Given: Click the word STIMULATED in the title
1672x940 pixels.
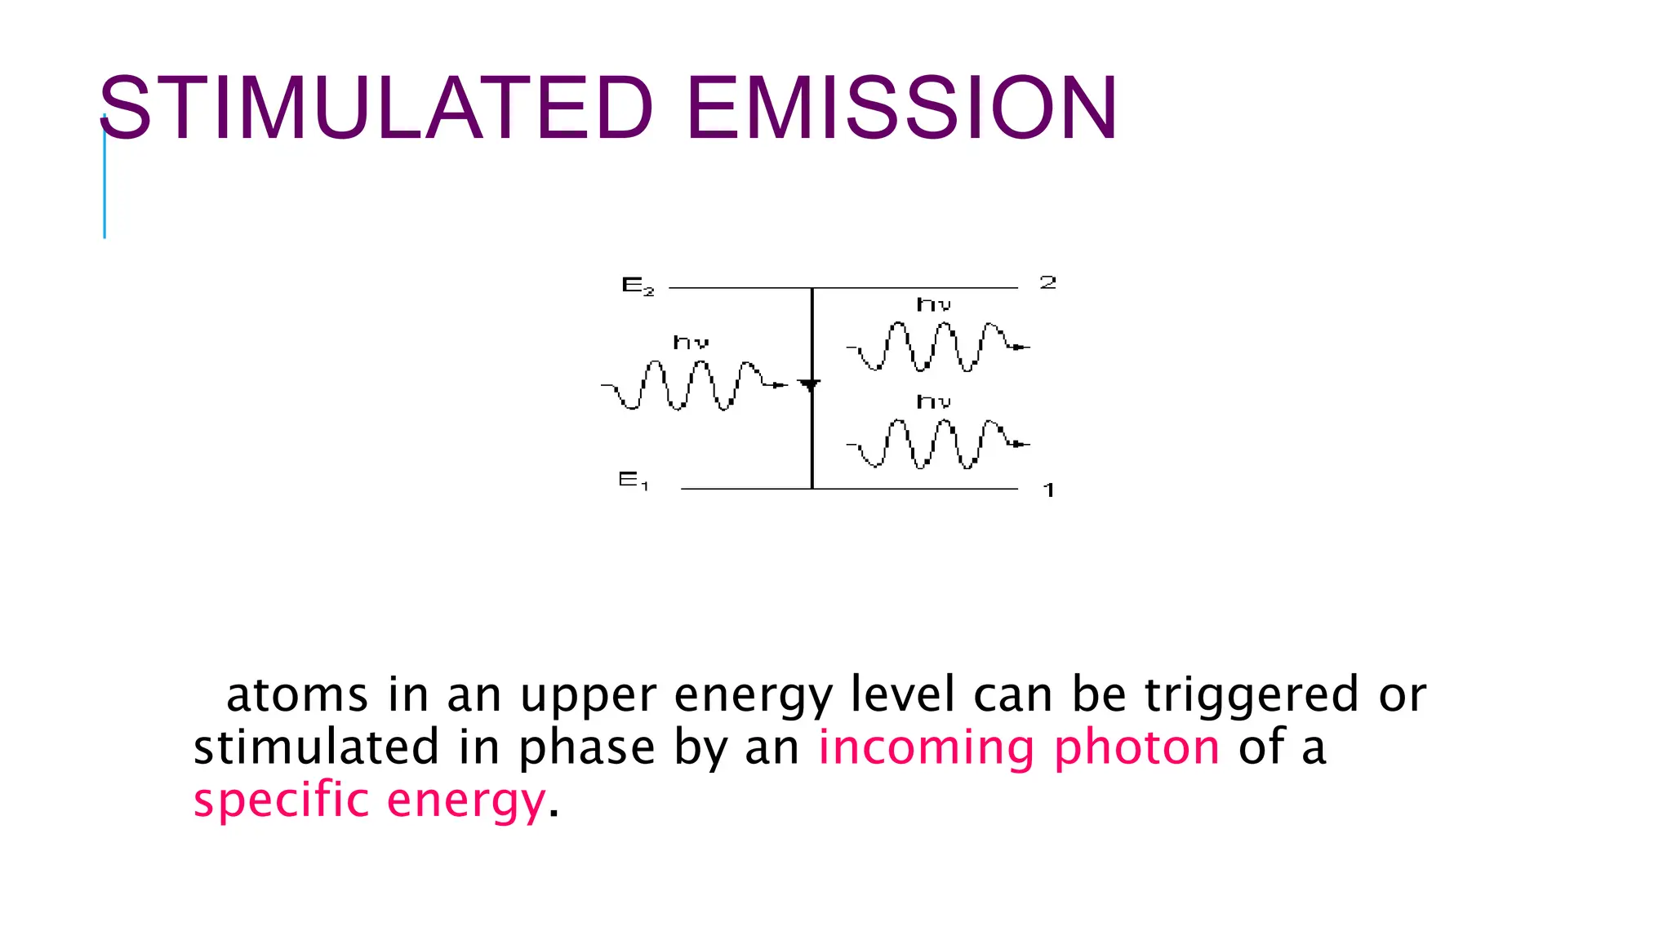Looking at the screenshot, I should pos(376,109).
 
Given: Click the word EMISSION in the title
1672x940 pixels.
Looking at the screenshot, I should pos(901,109).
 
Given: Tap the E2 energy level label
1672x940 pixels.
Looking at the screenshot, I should pos(638,286).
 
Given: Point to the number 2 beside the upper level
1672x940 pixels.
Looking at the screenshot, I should pos(1047,283).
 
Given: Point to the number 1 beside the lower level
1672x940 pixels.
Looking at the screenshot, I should pos(1049,490).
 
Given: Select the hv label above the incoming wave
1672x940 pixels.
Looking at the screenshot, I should pos(690,343).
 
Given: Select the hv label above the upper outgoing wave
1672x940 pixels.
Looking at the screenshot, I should pos(933,305).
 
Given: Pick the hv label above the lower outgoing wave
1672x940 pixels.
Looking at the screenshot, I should pos(933,401).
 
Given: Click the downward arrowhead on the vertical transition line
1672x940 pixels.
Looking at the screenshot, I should pos(809,385).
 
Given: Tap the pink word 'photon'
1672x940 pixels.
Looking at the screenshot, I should pos(1136,748).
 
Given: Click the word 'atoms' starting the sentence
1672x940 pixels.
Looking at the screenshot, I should pos(296,696).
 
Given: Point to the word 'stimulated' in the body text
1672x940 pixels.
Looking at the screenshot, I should pos(316,747).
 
